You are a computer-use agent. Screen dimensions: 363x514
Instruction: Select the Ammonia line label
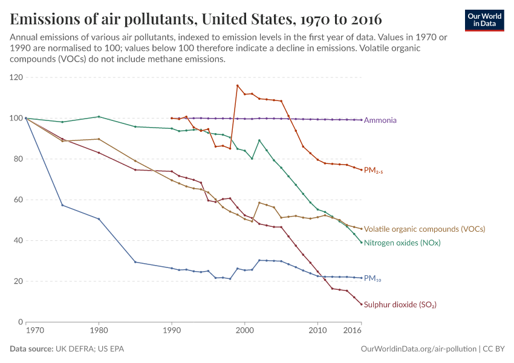pyautogui.click(x=380, y=120)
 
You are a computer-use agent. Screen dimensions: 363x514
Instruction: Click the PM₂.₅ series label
pyautogui.click(x=373, y=171)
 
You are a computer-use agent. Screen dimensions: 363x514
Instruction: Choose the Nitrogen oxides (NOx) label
pyautogui.click(x=402, y=243)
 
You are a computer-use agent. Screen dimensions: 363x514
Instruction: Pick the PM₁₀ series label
pyautogui.click(x=372, y=279)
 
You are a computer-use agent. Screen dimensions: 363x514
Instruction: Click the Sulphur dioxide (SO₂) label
pyautogui.click(x=400, y=305)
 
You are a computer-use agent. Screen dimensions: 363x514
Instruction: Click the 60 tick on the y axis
pyautogui.click(x=18, y=200)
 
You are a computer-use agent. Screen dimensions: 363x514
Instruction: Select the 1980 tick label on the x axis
pyautogui.click(x=99, y=331)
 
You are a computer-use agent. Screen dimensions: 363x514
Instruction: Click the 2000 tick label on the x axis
pyautogui.click(x=244, y=331)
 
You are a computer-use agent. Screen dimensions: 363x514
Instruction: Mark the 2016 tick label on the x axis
pyautogui.click(x=353, y=331)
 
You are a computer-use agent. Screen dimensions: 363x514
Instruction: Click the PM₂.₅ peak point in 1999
pyautogui.click(x=237, y=85)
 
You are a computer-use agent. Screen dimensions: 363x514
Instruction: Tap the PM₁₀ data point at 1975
pyautogui.click(x=62, y=205)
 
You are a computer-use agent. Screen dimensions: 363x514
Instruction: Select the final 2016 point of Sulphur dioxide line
pyautogui.click(x=362, y=304)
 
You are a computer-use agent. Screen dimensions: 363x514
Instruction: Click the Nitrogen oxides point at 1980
pyautogui.click(x=99, y=117)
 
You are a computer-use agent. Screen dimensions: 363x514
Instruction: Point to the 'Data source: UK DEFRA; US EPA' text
pyautogui.click(x=67, y=349)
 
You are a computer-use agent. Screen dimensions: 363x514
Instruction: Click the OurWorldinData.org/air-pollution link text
pyautogui.click(x=417, y=349)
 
